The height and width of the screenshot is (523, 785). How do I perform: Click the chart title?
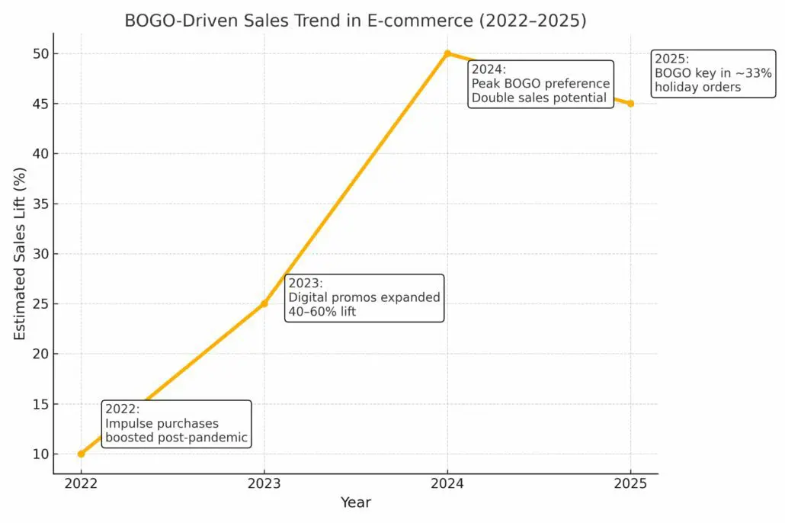(355, 21)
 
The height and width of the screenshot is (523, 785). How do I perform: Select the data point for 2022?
(82, 454)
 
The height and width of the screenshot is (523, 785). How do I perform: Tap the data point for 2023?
(264, 303)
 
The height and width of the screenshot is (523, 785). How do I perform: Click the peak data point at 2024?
(447, 53)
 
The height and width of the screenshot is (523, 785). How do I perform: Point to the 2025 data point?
(630, 104)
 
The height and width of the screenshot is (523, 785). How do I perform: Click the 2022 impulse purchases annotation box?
(176, 423)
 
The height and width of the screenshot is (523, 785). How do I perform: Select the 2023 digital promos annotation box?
(364, 297)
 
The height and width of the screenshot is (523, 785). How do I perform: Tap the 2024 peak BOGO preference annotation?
(540, 84)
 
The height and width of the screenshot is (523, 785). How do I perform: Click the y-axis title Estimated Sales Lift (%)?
(21, 254)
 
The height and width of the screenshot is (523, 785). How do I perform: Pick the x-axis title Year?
(355, 502)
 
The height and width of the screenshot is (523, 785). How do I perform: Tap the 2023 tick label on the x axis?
(264, 483)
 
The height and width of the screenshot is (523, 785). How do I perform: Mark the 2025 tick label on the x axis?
(630, 483)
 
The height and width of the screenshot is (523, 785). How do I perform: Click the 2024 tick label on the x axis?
(447, 483)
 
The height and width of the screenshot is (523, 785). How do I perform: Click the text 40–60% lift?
(321, 311)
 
